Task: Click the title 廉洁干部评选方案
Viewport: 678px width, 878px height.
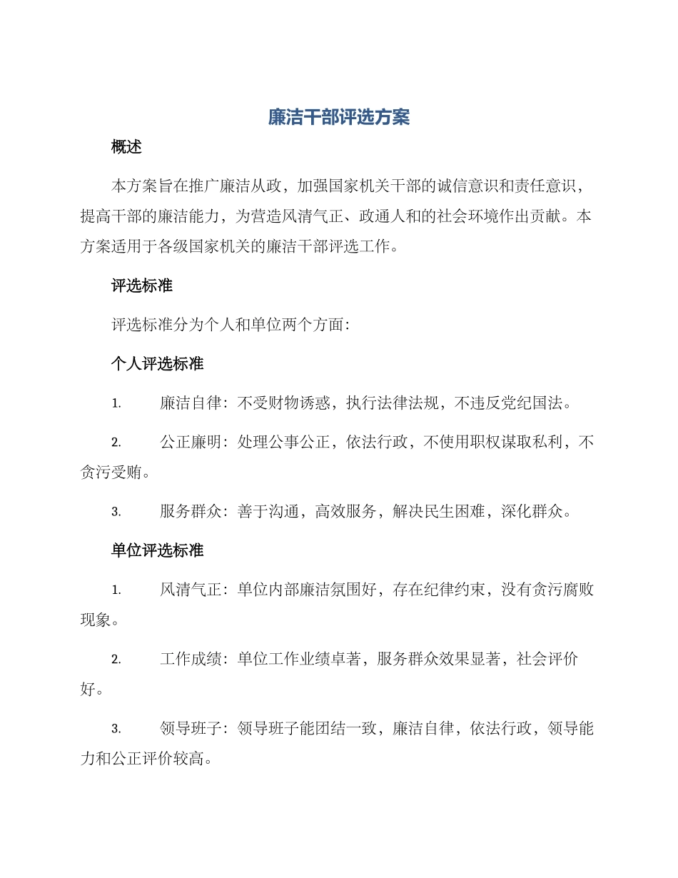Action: pos(339,118)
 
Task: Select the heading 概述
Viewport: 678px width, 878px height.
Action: pos(127,147)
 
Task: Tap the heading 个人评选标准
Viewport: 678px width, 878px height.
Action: pos(158,364)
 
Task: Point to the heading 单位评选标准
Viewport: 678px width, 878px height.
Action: pos(158,550)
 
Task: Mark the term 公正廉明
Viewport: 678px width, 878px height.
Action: pos(190,443)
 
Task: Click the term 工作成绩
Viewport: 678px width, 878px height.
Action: pos(190,660)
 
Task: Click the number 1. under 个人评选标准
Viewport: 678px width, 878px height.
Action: pos(116,404)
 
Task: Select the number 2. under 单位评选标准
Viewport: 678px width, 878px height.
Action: pos(116,660)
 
